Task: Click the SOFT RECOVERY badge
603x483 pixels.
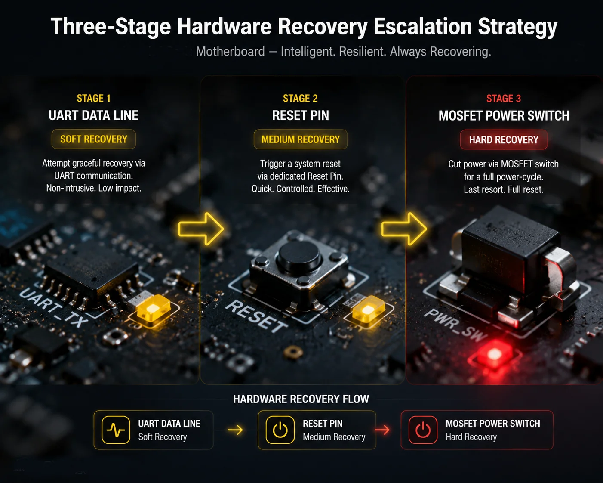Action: (94, 139)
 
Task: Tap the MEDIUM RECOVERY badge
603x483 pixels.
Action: (300, 139)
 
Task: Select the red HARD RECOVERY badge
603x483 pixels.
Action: (504, 139)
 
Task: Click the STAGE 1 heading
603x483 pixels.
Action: (94, 99)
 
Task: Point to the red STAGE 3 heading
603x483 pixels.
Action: (504, 99)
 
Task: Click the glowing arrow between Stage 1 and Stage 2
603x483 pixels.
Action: (201, 229)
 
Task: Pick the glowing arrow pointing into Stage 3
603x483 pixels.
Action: (404, 229)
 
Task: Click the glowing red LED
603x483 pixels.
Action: (494, 354)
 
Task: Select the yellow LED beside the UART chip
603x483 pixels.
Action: (154, 310)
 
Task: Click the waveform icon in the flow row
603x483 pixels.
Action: (116, 430)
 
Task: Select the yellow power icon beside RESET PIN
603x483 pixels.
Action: (280, 430)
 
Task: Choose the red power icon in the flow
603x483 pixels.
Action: (423, 430)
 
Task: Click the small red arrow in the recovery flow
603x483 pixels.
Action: (382, 430)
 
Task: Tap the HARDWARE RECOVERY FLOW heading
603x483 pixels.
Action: (301, 399)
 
